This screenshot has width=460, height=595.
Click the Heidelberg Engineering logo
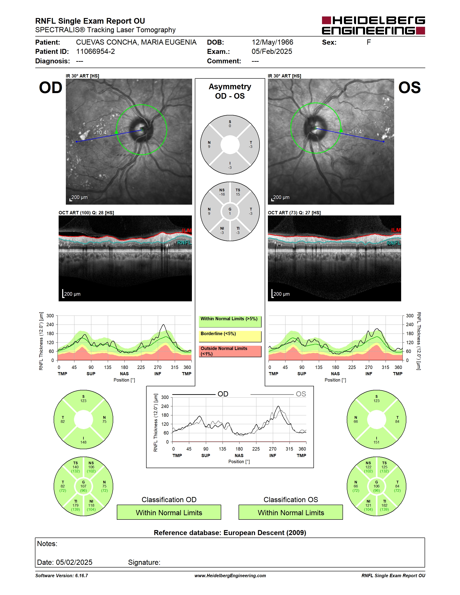click(x=373, y=26)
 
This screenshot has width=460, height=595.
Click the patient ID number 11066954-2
click(x=95, y=51)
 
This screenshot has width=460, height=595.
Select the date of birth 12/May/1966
click(x=272, y=42)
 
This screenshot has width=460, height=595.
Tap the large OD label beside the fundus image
click(x=51, y=87)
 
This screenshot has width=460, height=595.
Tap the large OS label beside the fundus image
click(x=409, y=87)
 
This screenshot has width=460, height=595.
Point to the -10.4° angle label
click(x=101, y=133)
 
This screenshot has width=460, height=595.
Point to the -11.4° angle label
click(x=357, y=132)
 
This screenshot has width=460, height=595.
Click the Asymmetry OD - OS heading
click(x=230, y=91)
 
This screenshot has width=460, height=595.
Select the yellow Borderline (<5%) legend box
click(x=230, y=336)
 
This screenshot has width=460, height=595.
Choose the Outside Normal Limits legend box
click(x=230, y=351)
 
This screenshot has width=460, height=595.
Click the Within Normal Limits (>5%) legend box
click(x=230, y=321)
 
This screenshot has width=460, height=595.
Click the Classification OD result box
click(x=169, y=512)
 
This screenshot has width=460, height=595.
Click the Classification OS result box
click(x=291, y=512)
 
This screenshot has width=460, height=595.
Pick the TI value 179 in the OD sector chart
click(x=76, y=505)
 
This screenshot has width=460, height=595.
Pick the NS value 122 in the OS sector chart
click(x=368, y=467)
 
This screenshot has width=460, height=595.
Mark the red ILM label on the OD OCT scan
click(x=187, y=231)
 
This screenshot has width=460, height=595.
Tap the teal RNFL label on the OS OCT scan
click(x=393, y=243)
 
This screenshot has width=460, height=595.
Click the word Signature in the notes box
click(x=144, y=562)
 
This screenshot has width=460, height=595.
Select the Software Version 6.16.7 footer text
click(x=62, y=576)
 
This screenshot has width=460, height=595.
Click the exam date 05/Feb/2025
click(x=272, y=51)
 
